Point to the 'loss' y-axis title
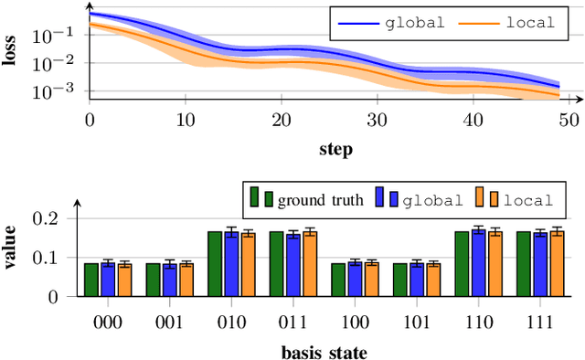pos(12,53)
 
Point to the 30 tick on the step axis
pos(377,119)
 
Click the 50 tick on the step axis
pos(569,119)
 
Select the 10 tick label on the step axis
pos(186,119)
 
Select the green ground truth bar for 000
pos(91,280)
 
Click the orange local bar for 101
pos(432,280)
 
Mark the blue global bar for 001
pos(169,280)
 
